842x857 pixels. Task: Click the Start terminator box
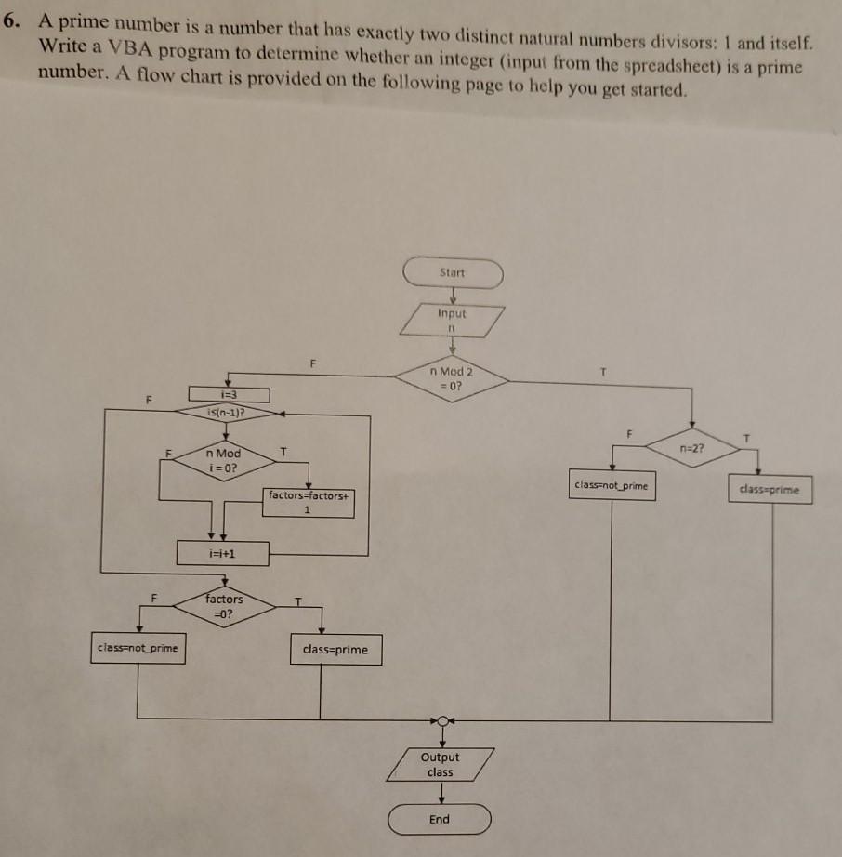coord(453,274)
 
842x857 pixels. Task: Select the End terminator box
coord(440,819)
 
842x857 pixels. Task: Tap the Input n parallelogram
coord(453,321)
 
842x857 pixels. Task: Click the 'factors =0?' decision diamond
coord(223,606)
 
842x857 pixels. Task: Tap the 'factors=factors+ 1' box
coord(308,502)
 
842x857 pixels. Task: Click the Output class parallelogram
coord(441,765)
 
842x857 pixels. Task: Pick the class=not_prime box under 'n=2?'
coord(612,486)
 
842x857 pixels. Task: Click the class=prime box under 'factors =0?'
coord(335,650)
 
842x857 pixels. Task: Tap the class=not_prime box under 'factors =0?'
coord(138,647)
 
